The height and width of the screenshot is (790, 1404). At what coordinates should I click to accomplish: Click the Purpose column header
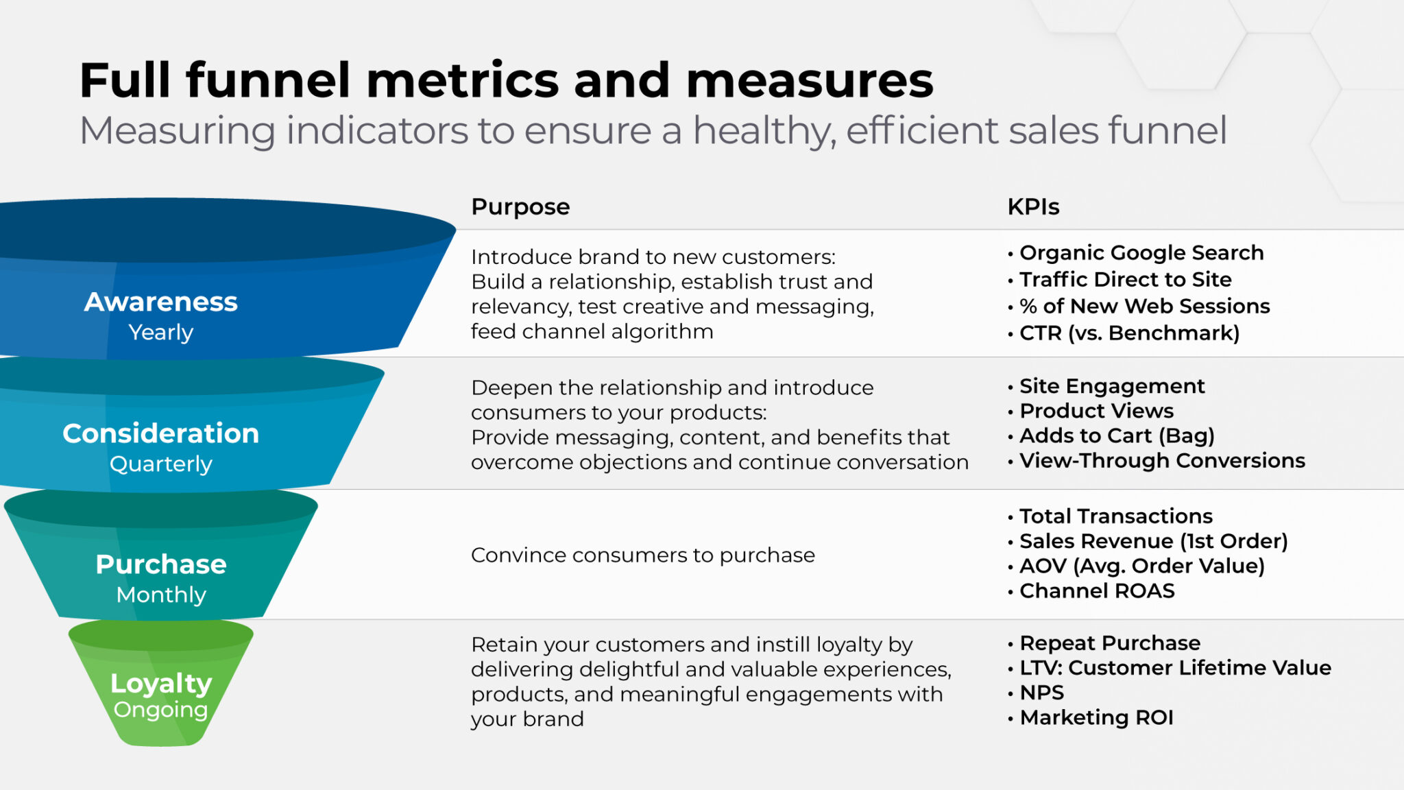(520, 207)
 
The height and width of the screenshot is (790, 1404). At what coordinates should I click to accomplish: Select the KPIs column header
(1033, 206)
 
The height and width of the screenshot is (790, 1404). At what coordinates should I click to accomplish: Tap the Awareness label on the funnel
(161, 302)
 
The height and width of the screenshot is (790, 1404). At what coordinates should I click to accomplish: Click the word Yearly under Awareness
(161, 333)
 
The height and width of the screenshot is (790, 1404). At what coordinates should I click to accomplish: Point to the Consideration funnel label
(161, 433)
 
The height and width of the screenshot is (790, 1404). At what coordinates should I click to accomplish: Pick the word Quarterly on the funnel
(161, 464)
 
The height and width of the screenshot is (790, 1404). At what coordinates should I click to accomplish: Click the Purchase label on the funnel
(161, 564)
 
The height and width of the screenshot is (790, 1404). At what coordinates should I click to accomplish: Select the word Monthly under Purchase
(161, 595)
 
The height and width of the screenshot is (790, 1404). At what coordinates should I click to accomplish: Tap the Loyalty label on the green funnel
(161, 684)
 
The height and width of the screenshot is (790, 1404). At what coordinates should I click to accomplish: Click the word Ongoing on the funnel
(161, 710)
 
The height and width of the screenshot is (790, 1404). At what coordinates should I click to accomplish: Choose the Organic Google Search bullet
(1136, 253)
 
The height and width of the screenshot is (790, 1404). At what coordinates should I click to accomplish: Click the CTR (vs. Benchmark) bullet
(1124, 333)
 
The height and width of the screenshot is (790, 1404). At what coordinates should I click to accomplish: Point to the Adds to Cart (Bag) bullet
(1111, 435)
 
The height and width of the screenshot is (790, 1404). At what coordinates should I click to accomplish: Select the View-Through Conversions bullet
(1157, 460)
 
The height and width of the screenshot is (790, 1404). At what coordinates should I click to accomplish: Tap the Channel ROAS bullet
(1091, 590)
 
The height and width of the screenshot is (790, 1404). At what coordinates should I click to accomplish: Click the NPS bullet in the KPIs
(1036, 693)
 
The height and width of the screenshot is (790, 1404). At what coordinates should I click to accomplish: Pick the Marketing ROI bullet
(1091, 717)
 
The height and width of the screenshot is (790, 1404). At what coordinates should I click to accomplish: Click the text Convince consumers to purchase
(643, 555)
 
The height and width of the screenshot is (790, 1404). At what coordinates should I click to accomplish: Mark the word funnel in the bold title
(269, 80)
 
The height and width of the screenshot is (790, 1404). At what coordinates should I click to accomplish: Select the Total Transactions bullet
(1111, 516)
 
